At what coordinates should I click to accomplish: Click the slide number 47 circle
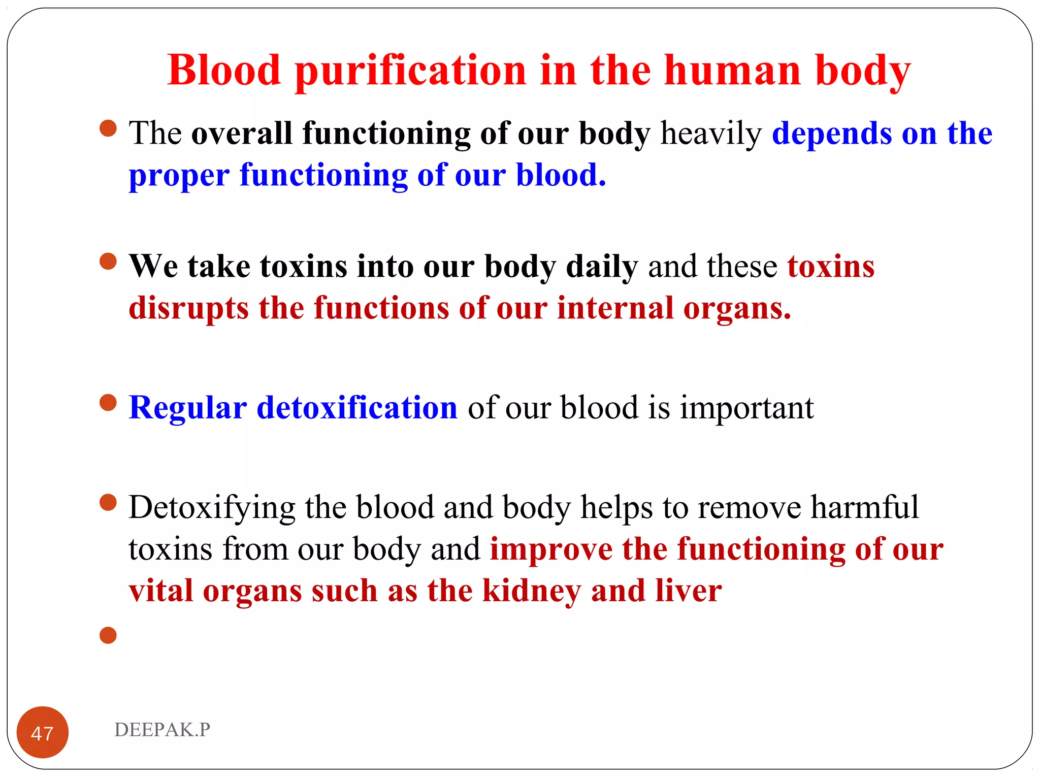pyautogui.click(x=43, y=732)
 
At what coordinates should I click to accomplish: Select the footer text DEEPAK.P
pyautogui.click(x=162, y=730)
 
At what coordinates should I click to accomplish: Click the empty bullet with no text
pyautogui.click(x=108, y=635)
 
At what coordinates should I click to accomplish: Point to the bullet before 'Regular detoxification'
pyautogui.click(x=108, y=403)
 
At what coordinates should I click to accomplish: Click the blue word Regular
pyautogui.click(x=188, y=408)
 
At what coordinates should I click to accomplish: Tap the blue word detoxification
pyautogui.click(x=357, y=408)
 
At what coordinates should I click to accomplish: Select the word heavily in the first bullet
pyautogui.click(x=711, y=134)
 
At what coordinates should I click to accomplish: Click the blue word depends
pyautogui.click(x=832, y=134)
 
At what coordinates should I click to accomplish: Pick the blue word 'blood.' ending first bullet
pyautogui.click(x=561, y=175)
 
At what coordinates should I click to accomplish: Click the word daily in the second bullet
pyautogui.click(x=602, y=267)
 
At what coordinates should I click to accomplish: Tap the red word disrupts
pyautogui.click(x=188, y=308)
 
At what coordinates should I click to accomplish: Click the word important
pyautogui.click(x=746, y=408)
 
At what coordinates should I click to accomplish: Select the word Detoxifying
pyautogui.click(x=212, y=507)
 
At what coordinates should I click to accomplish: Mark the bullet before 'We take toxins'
pyautogui.click(x=108, y=262)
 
